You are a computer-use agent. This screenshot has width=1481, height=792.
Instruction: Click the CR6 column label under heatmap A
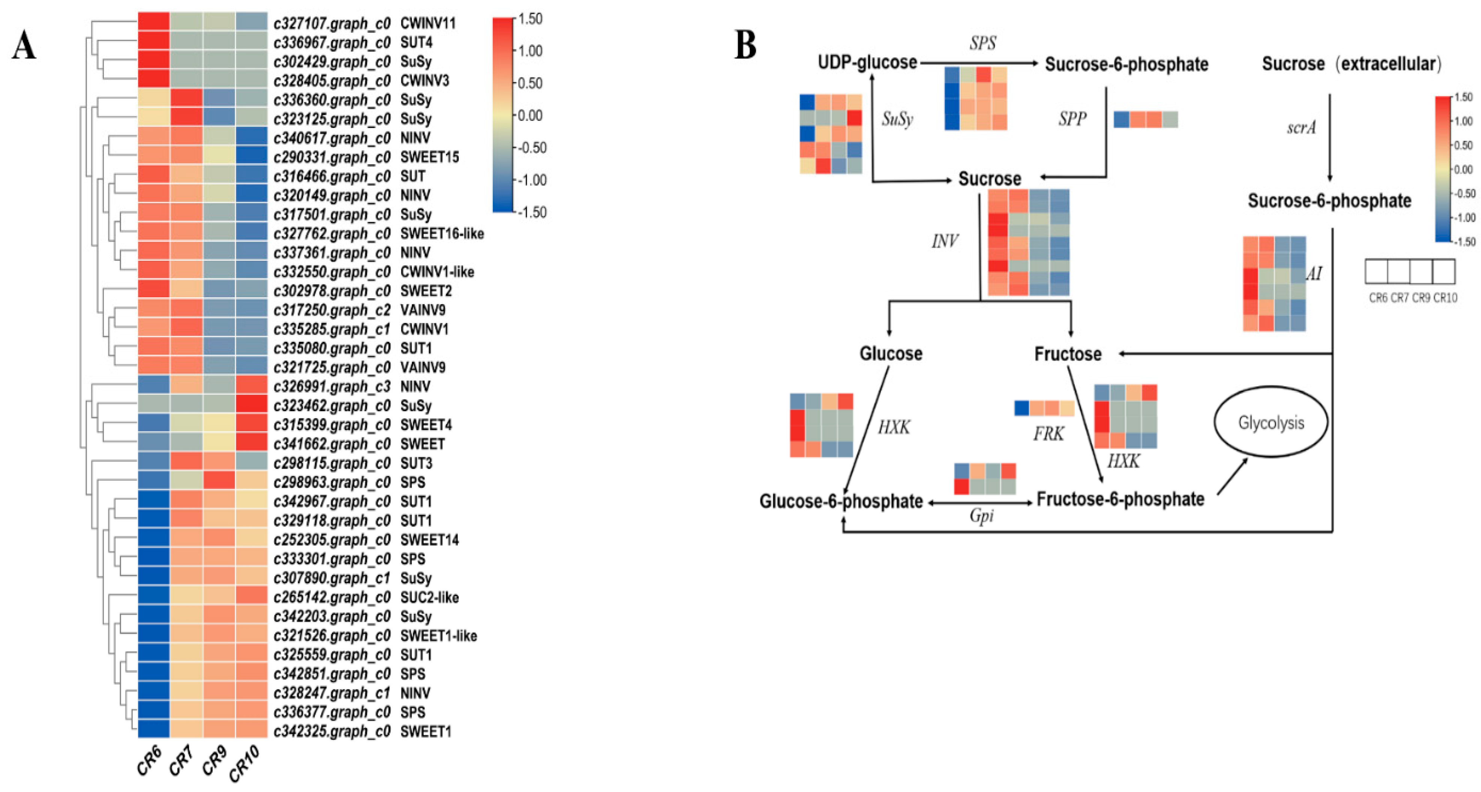(149, 760)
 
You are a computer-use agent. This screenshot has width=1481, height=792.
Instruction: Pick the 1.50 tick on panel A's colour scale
(530, 19)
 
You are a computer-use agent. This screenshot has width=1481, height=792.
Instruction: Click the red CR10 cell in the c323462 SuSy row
(251, 405)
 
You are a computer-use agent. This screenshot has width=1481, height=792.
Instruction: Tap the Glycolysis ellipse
(1271, 423)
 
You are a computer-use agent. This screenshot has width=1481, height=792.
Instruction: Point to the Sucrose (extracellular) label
(1351, 63)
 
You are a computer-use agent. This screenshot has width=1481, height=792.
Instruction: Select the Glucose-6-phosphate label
(841, 501)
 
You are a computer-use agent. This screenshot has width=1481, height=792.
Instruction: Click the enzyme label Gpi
(981, 515)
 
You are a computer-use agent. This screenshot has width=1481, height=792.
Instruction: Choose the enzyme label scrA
(1301, 128)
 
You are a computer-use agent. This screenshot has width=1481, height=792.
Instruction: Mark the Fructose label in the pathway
(1068, 354)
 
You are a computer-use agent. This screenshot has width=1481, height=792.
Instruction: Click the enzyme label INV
(945, 241)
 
